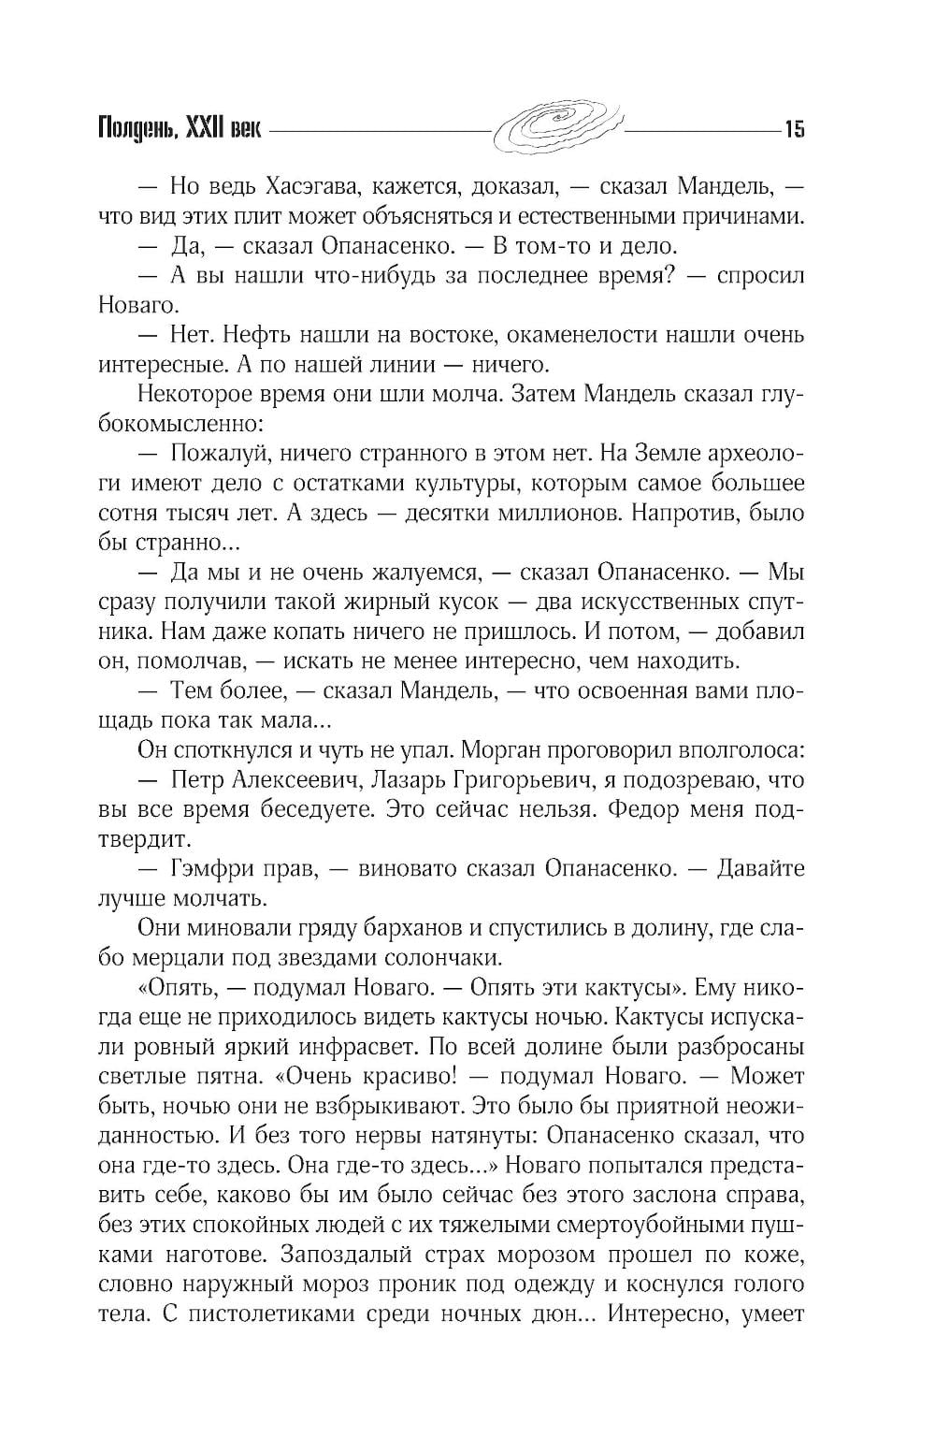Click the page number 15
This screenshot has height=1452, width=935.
pos(794,128)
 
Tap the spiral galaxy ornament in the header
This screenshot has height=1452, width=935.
pos(557,125)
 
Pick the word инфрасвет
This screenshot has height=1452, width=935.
pos(386,1047)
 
